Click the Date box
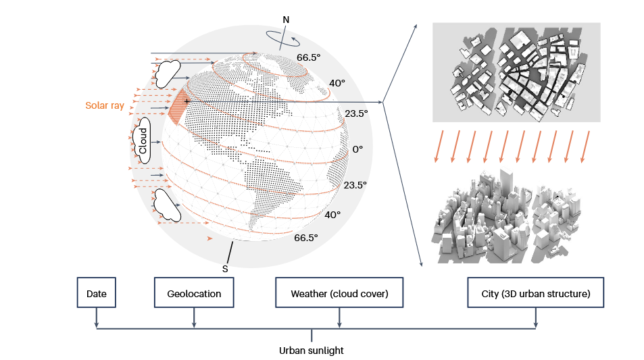pyautogui.click(x=97, y=294)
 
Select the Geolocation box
pyautogui.click(x=194, y=294)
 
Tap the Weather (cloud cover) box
pyautogui.click(x=339, y=294)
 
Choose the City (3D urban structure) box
pyautogui.click(x=535, y=294)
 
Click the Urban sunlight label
pyautogui.click(x=312, y=351)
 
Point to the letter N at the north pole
pyautogui.click(x=287, y=20)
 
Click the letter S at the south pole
pyautogui.click(x=226, y=268)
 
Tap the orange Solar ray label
pyautogui.click(x=105, y=105)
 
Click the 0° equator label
pyautogui.click(x=357, y=149)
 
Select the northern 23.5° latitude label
pyautogui.click(x=356, y=113)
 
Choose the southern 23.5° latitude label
pyautogui.click(x=355, y=184)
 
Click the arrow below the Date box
pyautogui.click(x=97, y=318)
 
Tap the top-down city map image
pyautogui.click(x=516, y=72)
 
